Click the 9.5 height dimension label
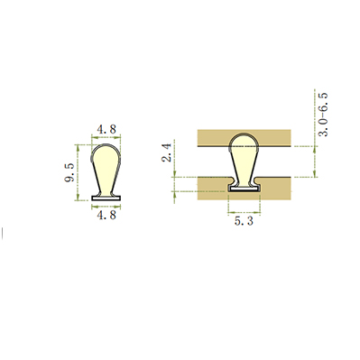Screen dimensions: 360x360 pyautogui.click(x=69, y=172)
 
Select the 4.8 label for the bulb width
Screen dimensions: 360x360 pyautogui.click(x=106, y=129)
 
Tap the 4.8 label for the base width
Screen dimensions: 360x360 pyautogui.click(x=106, y=215)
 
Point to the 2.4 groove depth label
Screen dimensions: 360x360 pyautogui.click(x=167, y=152)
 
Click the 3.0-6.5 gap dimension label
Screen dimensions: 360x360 pyautogui.click(x=323, y=115)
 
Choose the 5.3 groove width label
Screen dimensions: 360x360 pyautogui.click(x=244, y=221)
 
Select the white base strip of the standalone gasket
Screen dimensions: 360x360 pyautogui.click(x=106, y=198)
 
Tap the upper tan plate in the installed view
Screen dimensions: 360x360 pyautogui.click(x=244, y=138)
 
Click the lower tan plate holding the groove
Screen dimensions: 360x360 pyautogui.click(x=210, y=189)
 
